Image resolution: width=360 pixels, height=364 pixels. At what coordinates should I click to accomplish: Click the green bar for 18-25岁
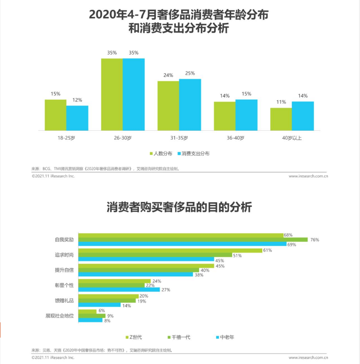point(56,115)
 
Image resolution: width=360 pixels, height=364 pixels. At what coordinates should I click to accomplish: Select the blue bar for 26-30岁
point(134,94)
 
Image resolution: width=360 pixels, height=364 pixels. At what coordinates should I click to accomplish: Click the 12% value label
point(77,100)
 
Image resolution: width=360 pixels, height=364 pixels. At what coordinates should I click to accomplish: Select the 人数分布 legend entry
point(160,154)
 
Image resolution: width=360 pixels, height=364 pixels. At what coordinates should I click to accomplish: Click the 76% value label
point(314,240)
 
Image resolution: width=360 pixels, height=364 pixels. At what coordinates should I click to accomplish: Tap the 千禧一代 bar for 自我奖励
point(193,240)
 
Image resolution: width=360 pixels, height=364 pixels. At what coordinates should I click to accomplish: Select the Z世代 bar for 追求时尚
point(170,250)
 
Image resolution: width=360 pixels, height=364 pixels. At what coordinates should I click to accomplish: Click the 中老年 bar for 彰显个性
point(119,290)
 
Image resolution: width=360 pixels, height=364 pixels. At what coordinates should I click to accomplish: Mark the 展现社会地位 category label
point(59,315)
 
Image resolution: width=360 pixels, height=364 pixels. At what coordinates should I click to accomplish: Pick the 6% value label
point(101,311)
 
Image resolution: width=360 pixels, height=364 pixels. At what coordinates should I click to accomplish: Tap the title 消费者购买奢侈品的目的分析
point(179,208)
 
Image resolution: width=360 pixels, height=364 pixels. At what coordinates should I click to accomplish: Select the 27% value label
point(165,290)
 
